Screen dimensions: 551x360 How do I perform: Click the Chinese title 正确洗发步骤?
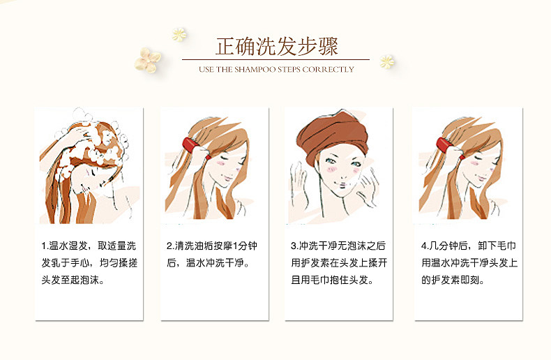pyautogui.click(x=277, y=47)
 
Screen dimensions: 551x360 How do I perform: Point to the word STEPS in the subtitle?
pyautogui.click(x=289, y=69)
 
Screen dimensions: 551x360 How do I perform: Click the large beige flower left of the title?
pyautogui.click(x=148, y=60)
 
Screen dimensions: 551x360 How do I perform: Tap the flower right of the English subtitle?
pyautogui.click(x=386, y=62)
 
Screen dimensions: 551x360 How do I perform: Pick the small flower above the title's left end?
pyautogui.click(x=179, y=35)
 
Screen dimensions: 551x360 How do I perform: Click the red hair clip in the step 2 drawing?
pyautogui.click(x=191, y=145)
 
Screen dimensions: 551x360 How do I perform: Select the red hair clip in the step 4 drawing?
pyautogui.click(x=444, y=145)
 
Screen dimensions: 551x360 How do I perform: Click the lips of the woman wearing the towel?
pyautogui.click(x=340, y=184)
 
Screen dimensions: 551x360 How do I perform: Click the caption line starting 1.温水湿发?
pyautogui.click(x=89, y=246)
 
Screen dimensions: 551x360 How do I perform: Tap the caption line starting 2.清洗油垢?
pyautogui.click(x=212, y=246)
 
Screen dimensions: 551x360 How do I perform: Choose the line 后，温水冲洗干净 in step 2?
pyautogui.click(x=208, y=262)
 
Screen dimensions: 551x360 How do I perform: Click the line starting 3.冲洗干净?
pyautogui.click(x=338, y=246)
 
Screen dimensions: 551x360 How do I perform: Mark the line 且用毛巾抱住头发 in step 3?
pyautogui.click(x=332, y=280)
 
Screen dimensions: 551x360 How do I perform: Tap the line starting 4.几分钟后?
pyautogui.click(x=469, y=246)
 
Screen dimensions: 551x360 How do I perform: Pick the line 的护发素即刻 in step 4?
pyautogui.click(x=453, y=280)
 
